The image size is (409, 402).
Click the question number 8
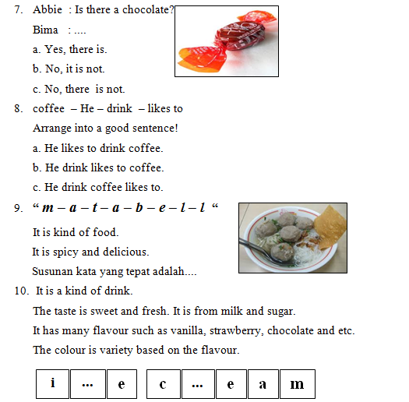point(18,109)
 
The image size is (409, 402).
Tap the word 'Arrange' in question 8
point(53,129)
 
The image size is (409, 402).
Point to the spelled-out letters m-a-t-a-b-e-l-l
point(125,209)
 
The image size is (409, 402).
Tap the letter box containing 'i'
point(53,383)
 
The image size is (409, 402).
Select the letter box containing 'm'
point(297,383)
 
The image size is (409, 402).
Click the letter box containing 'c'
point(163,383)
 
